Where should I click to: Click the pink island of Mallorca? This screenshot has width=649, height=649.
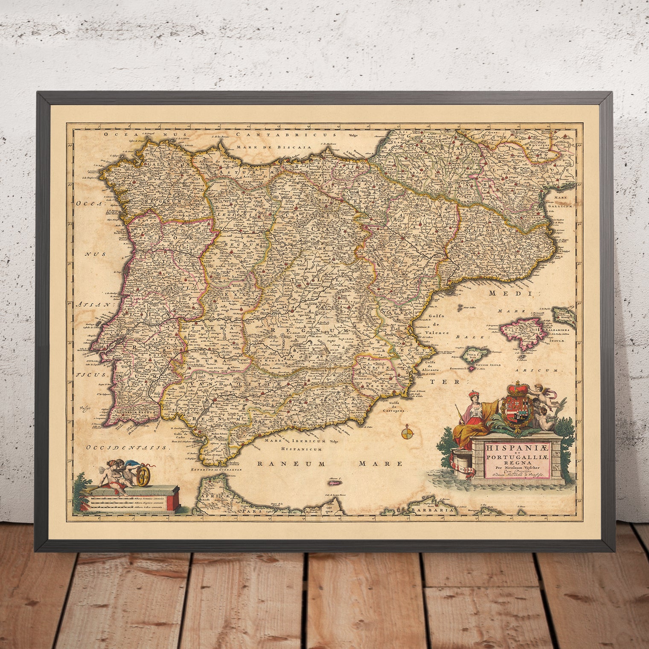click(521, 330)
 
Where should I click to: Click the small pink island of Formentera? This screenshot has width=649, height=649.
click(471, 368)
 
